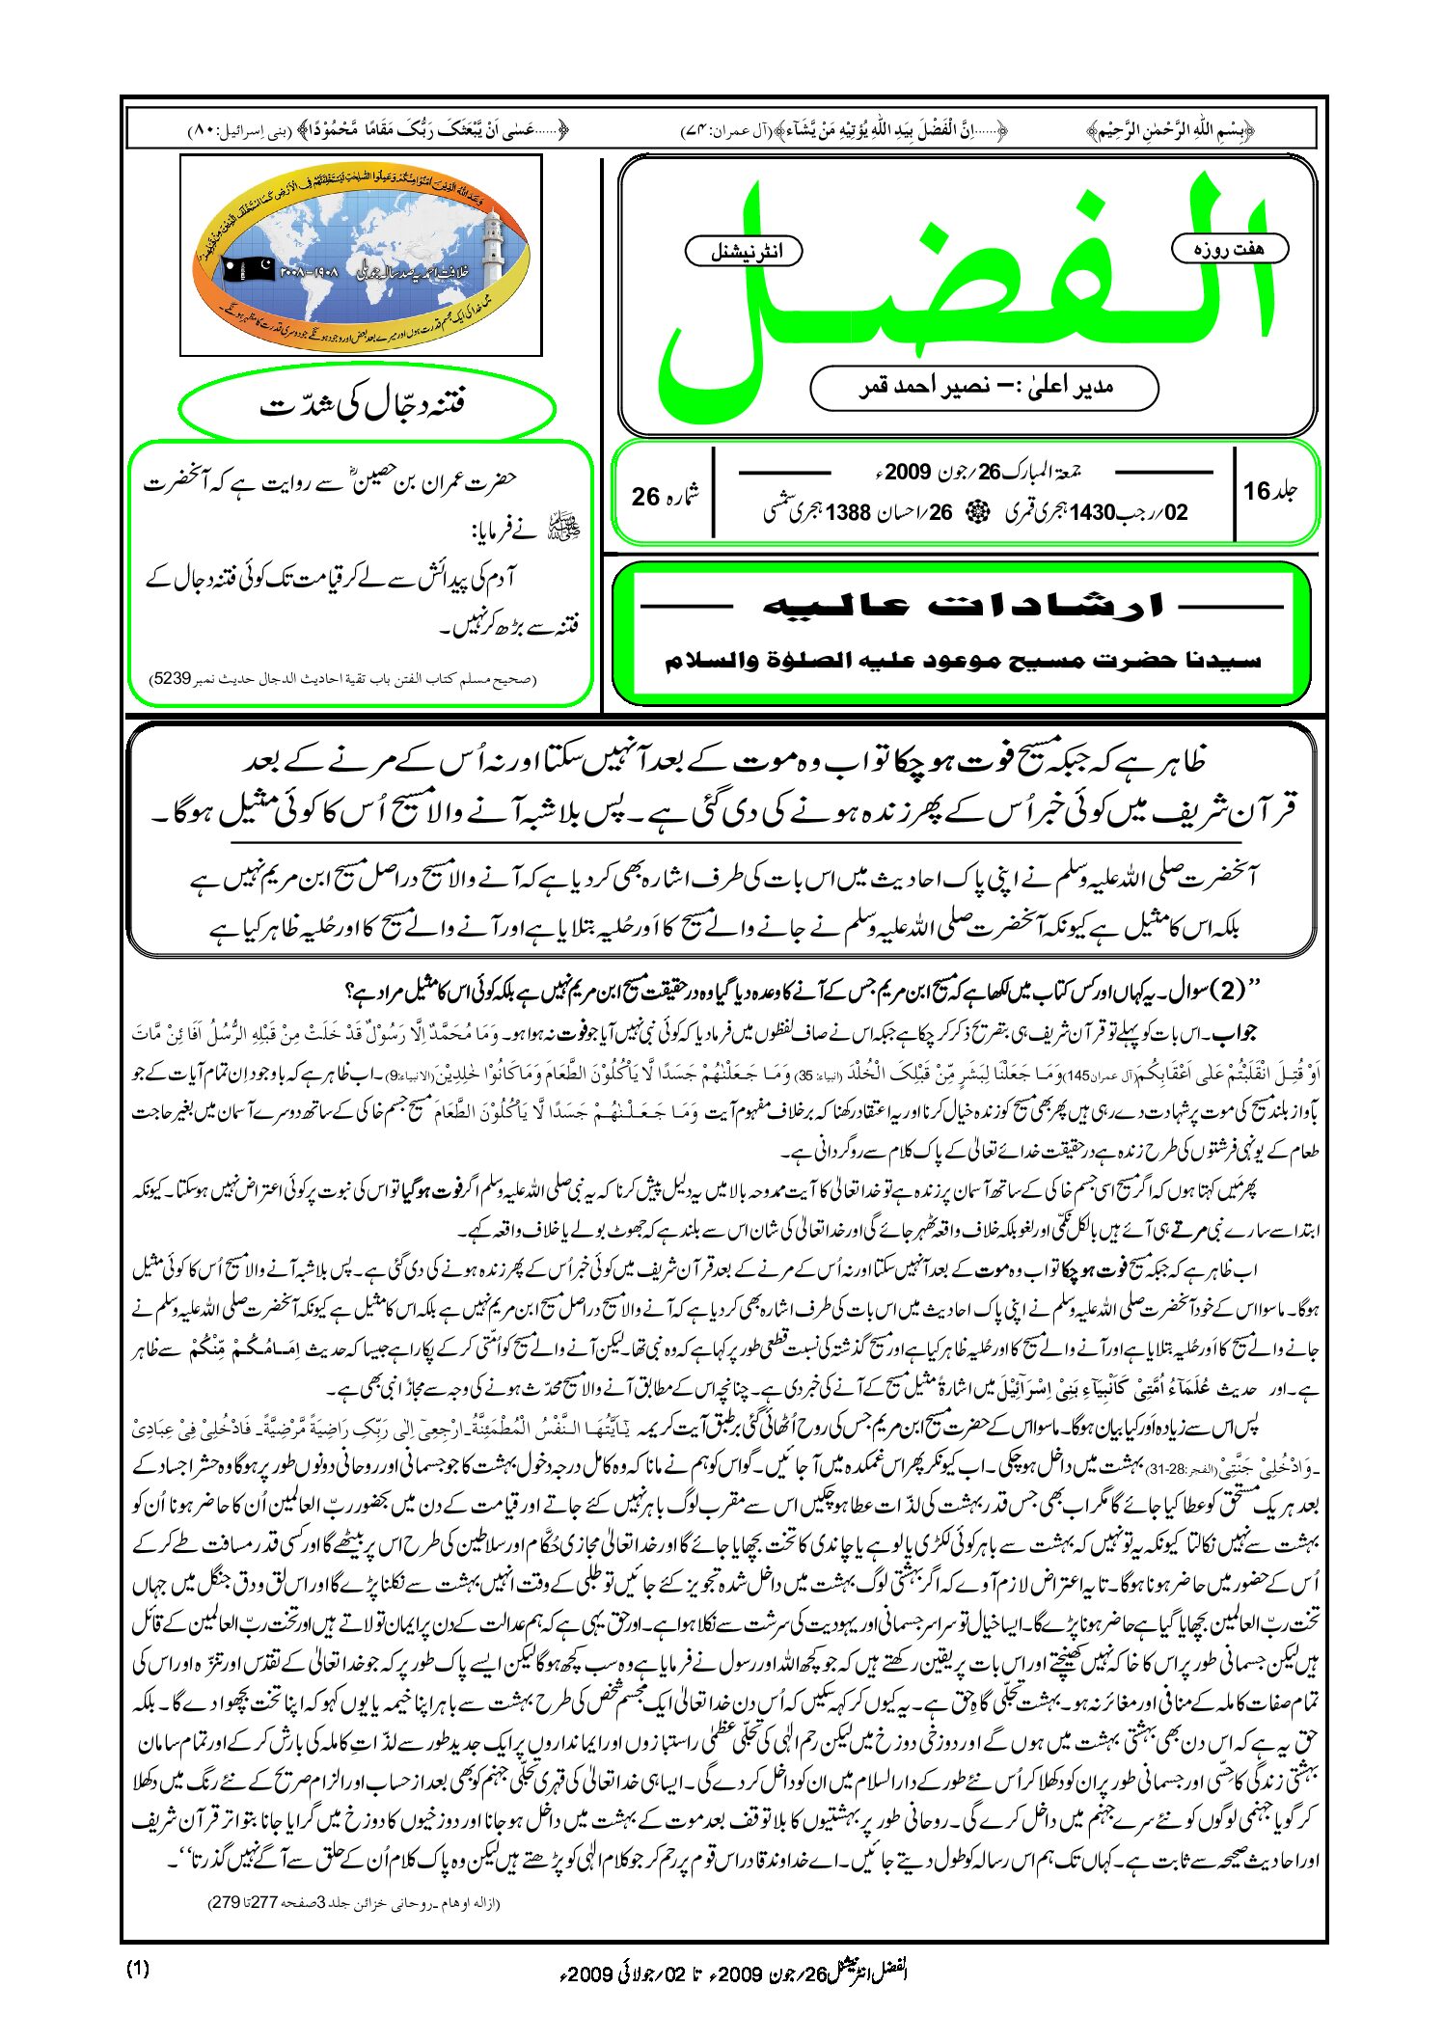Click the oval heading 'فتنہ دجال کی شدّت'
(x=367, y=406)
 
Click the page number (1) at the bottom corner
(x=138, y=1969)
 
